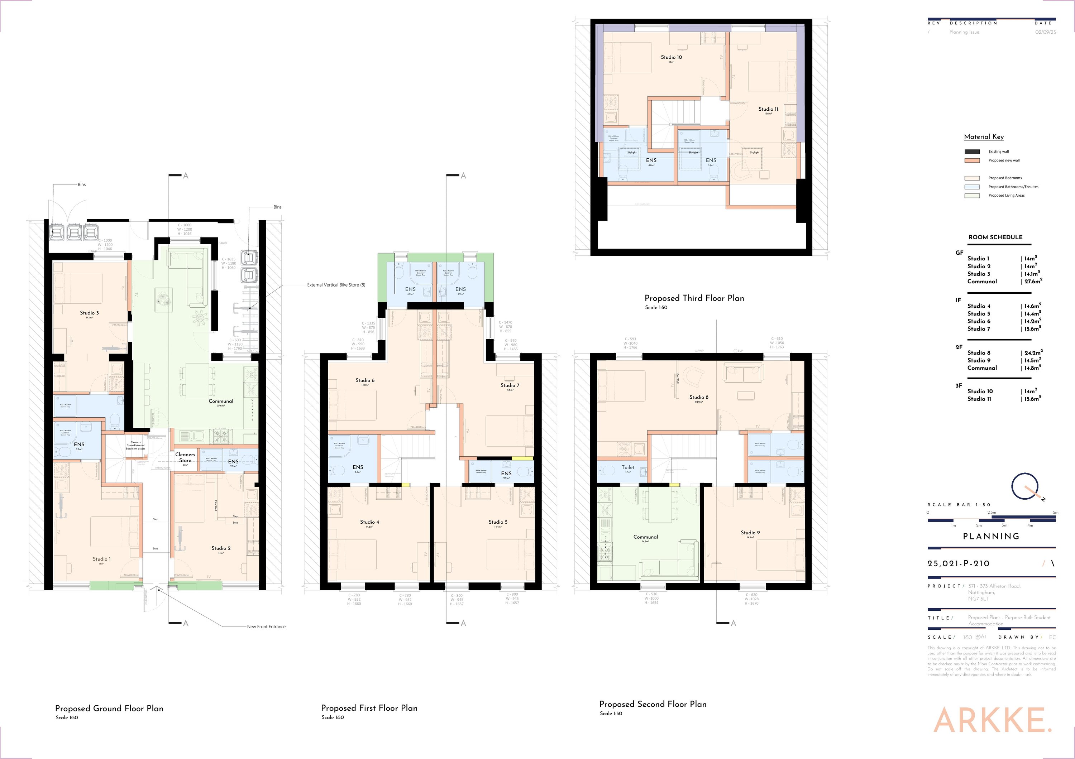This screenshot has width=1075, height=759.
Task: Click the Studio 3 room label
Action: (x=90, y=313)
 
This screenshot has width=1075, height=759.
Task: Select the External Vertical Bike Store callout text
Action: (x=336, y=285)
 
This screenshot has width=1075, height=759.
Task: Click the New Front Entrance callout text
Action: (x=266, y=626)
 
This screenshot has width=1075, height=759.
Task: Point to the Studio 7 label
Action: (x=510, y=385)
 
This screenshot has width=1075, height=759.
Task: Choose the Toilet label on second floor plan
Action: (x=628, y=467)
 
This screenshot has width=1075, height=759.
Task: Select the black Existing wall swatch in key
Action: (x=972, y=152)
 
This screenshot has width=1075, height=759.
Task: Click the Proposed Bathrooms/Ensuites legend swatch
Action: (x=972, y=187)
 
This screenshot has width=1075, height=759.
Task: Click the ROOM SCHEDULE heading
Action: (x=995, y=237)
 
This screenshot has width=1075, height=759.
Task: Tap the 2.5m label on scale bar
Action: (x=991, y=513)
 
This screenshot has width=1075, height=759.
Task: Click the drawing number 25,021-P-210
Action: (x=959, y=564)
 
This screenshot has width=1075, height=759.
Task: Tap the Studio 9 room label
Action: (x=750, y=533)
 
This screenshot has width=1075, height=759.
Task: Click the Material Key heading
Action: (x=984, y=136)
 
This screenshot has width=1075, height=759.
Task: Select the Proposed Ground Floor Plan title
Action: (x=109, y=708)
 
